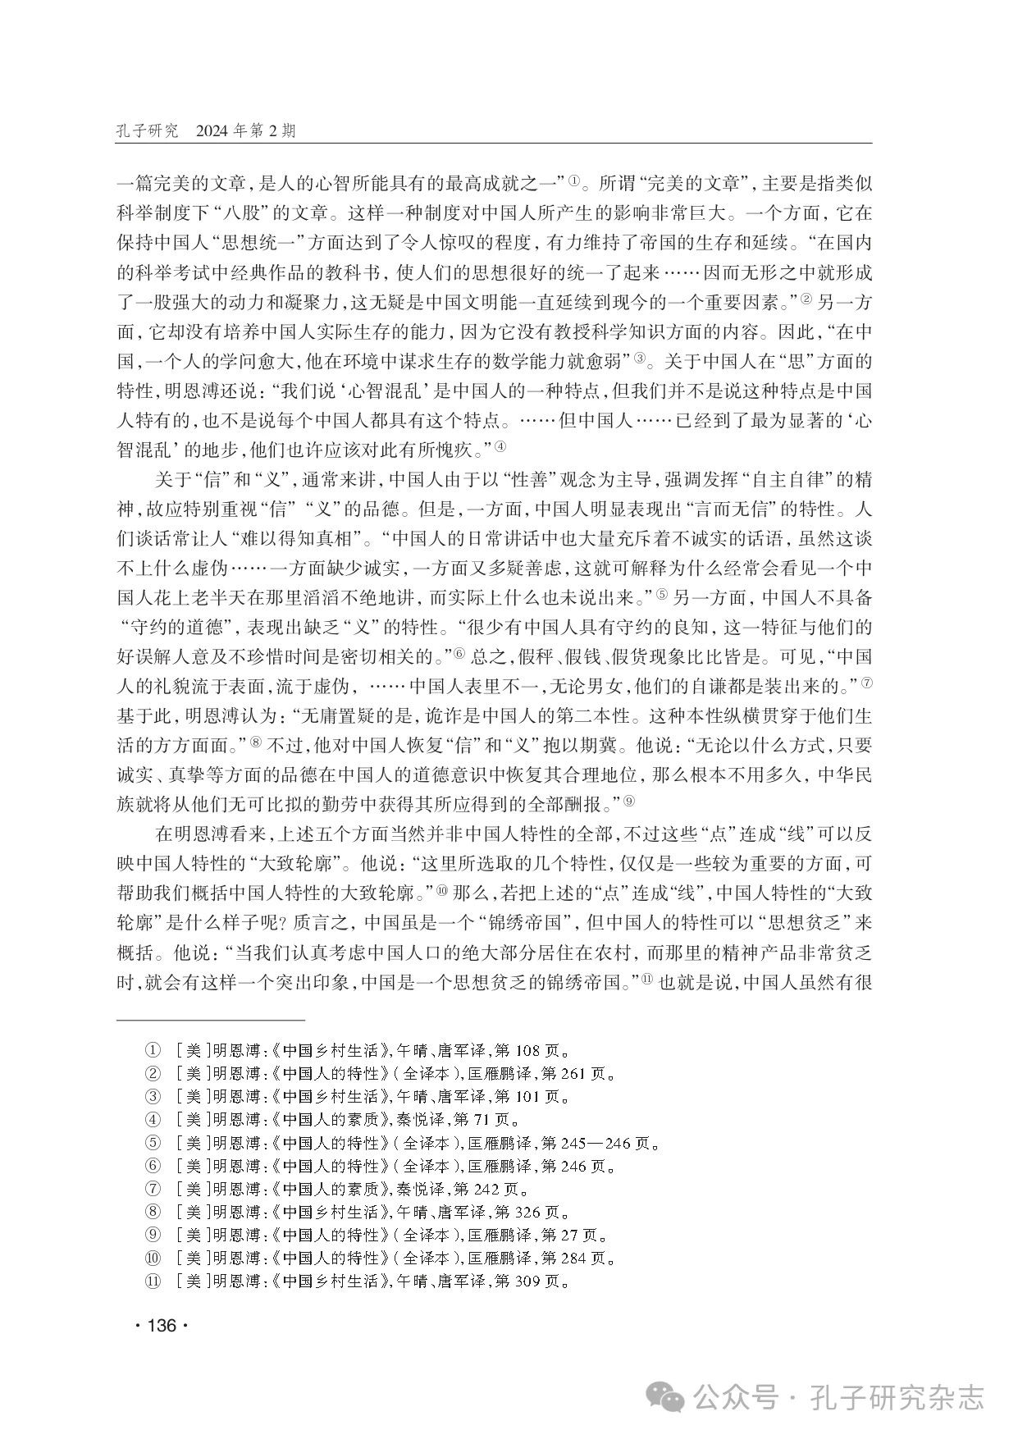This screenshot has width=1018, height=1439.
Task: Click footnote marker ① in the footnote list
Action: click(x=152, y=1049)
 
